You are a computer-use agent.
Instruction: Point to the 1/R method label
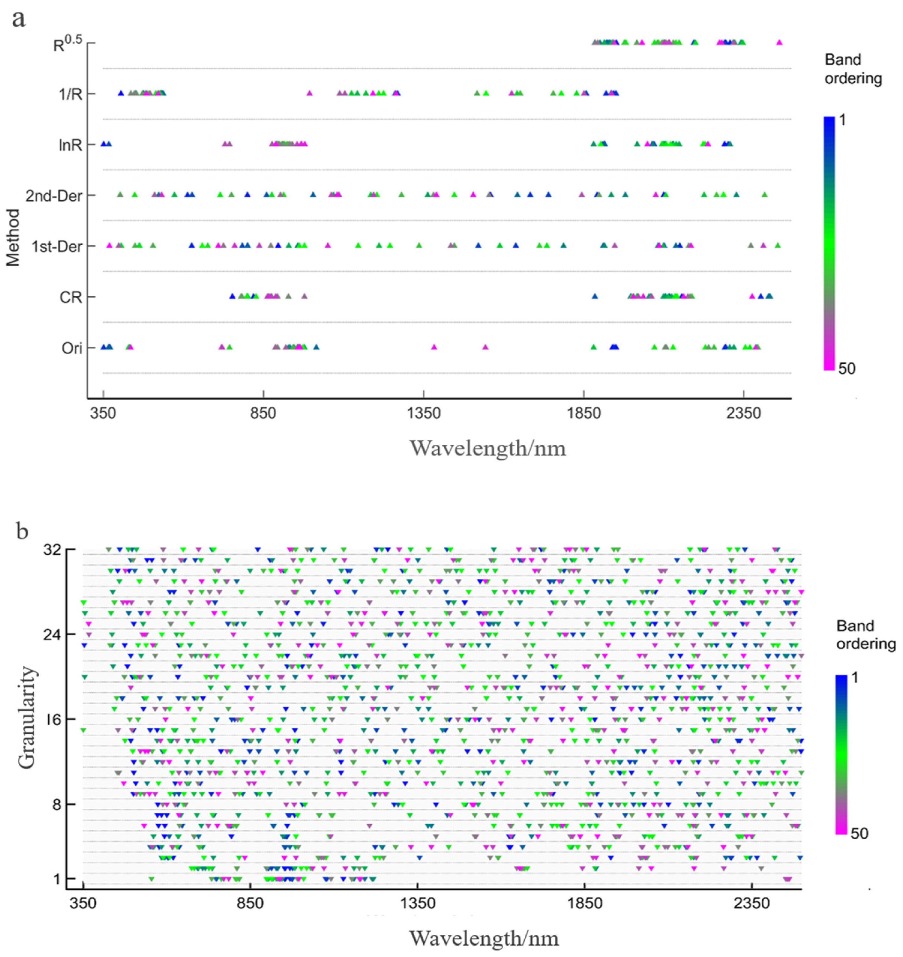70,95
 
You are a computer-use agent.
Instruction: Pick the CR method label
71,298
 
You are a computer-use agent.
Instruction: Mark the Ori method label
72,348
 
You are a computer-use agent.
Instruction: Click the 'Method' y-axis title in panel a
13,237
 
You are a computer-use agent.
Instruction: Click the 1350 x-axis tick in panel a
424,413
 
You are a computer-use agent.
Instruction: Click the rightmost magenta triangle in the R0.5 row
779,42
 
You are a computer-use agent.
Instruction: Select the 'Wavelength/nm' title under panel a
488,449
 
